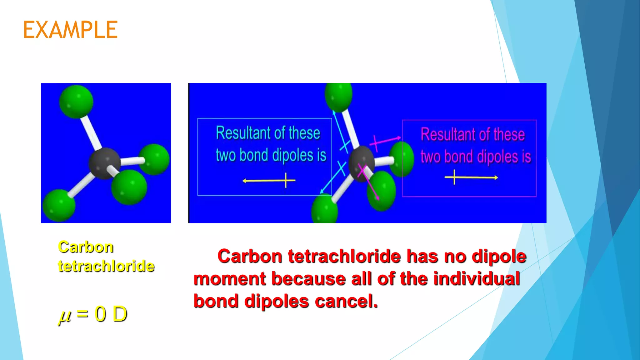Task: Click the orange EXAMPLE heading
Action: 70,30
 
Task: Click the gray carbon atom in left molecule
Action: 104,163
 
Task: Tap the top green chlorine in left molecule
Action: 76,102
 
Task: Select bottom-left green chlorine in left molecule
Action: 59,205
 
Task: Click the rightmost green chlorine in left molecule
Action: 154,159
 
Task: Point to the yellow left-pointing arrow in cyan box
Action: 268,181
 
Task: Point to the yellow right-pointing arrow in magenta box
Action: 471,177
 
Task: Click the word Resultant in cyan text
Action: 239,133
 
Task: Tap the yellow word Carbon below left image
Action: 86,247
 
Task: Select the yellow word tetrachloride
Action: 106,266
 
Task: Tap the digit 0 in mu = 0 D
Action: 100,314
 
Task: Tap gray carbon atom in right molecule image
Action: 361,163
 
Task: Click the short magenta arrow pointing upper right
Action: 385,141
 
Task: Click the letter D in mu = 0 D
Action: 120,314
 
